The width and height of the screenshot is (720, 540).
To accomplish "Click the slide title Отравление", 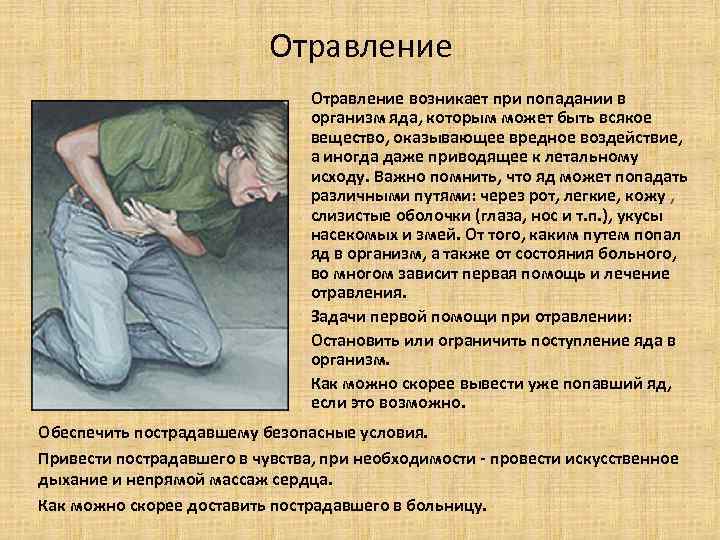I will click(x=361, y=46).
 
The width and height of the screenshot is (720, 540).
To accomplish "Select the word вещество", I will click(x=346, y=138).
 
